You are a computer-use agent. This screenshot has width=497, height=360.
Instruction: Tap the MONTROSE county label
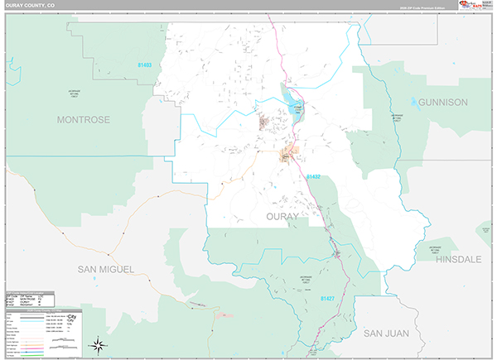tap(83, 120)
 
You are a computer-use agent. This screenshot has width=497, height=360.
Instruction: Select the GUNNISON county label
tap(443, 102)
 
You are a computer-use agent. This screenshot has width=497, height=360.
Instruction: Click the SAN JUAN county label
tap(385, 332)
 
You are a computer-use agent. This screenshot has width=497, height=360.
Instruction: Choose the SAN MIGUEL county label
tap(105, 269)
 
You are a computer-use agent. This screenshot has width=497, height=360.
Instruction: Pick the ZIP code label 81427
tap(328, 298)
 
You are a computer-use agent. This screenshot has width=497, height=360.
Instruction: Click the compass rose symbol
tap(98, 345)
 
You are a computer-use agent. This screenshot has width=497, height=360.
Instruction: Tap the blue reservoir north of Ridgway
tap(293, 103)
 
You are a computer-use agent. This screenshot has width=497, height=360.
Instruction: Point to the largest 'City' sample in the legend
tap(73, 317)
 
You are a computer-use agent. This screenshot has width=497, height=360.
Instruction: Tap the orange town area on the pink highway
tap(288, 155)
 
